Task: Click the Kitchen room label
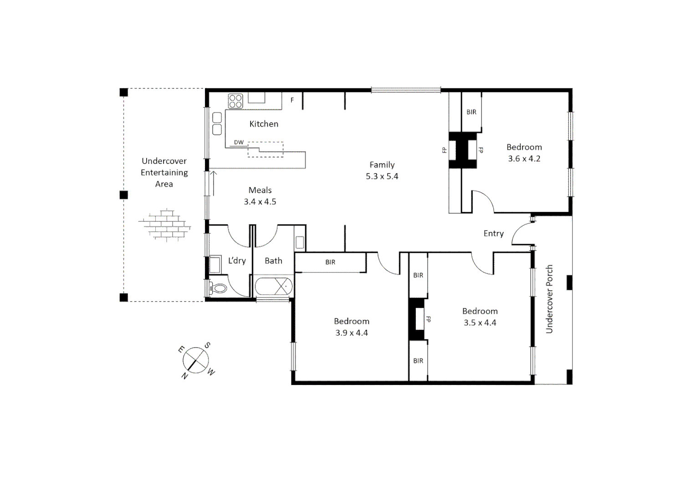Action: [264, 124]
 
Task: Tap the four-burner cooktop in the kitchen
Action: [235, 101]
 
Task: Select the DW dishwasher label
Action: [239, 142]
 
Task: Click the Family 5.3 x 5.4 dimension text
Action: [382, 176]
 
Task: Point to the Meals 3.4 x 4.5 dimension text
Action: [260, 202]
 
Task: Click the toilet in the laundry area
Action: [218, 288]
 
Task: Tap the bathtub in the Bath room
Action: [273, 287]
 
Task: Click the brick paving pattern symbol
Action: [164, 225]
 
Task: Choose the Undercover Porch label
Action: [549, 299]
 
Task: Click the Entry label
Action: [493, 234]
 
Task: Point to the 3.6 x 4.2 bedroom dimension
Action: [524, 159]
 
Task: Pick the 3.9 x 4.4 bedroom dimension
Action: [352, 333]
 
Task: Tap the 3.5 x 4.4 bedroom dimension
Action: [480, 323]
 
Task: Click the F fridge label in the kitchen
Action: [292, 100]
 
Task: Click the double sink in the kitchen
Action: [217, 123]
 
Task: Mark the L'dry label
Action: [237, 261]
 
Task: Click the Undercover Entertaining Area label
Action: [164, 173]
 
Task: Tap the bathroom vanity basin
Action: [300, 241]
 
